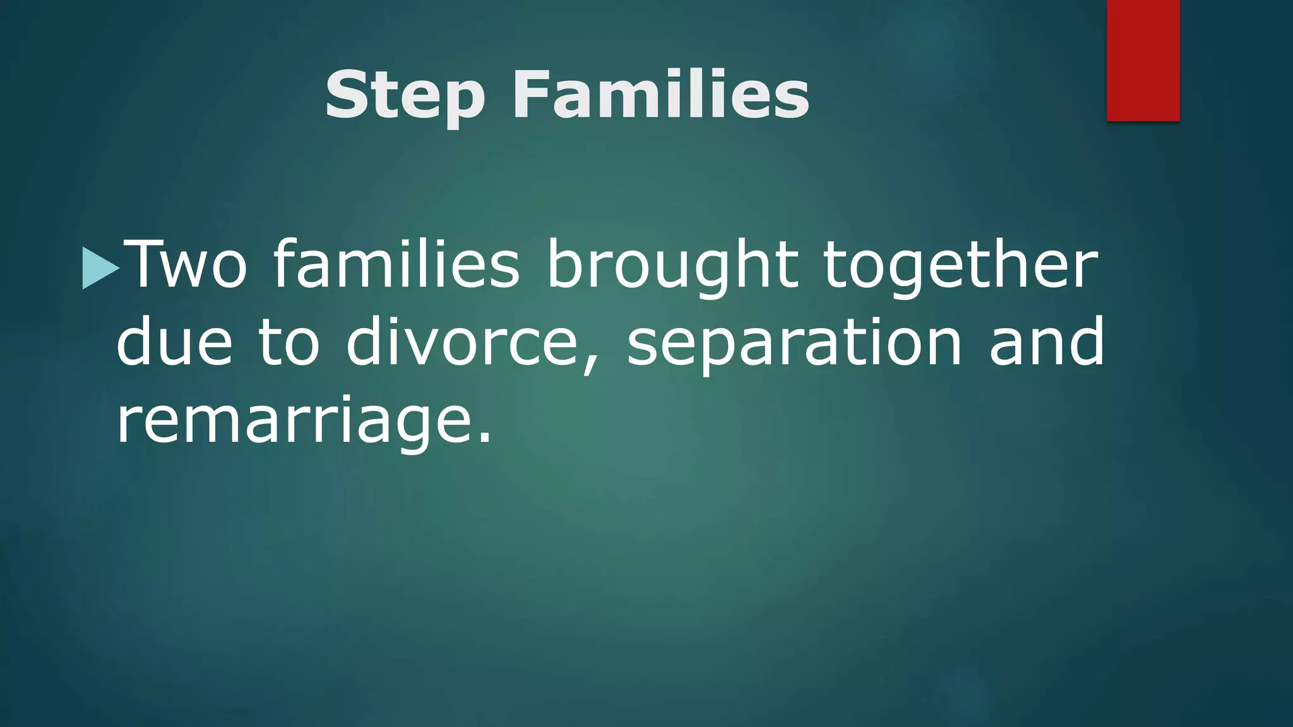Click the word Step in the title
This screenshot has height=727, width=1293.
405,96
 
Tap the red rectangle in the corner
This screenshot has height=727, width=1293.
1143,61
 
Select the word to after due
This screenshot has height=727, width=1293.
289,344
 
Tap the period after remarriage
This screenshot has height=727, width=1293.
484,439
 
